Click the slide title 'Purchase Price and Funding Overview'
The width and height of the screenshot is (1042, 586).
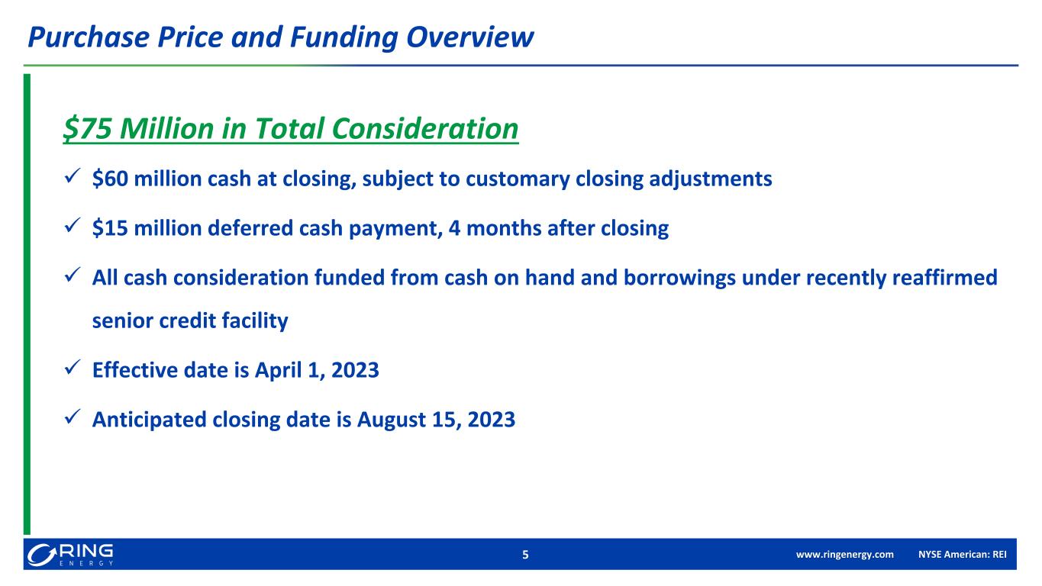click(279, 37)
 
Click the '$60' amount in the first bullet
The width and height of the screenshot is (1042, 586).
click(107, 179)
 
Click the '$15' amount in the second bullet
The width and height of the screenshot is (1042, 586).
click(107, 229)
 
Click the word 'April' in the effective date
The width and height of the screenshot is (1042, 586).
click(295, 372)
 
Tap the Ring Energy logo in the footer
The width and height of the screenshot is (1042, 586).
click(69, 554)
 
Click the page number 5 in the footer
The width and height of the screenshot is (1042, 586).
click(524, 555)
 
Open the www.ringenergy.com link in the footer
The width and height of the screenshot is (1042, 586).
click(844, 555)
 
